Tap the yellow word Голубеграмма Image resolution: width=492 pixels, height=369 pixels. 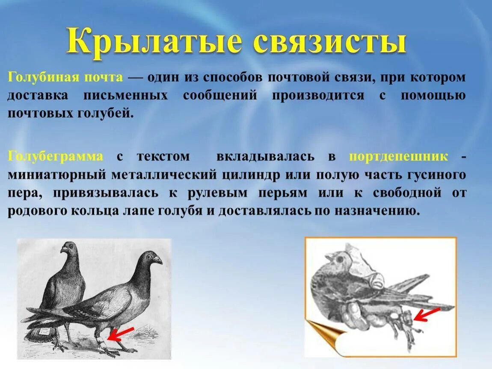[x=56, y=156]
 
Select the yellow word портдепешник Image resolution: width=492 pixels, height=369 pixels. [x=399, y=156]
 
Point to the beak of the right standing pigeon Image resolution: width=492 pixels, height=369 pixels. [x=158, y=259]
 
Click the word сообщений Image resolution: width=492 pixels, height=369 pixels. [x=220, y=96]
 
